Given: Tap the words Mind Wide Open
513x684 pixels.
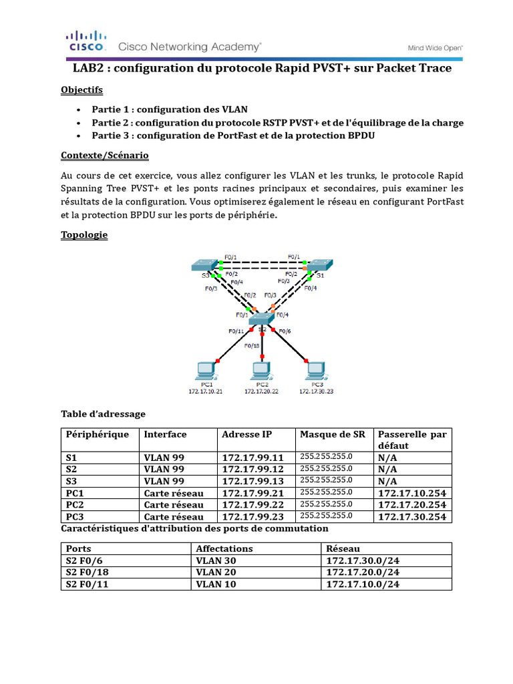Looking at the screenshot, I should pos(436,48).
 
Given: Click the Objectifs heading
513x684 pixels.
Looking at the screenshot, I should pos(81,90).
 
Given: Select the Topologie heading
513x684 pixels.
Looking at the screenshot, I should pos(83,235).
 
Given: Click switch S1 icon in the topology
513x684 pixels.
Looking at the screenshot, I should pos(319,265).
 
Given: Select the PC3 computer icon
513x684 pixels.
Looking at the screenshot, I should pos(312,371).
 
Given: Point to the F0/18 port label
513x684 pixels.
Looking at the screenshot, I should pos(252,345).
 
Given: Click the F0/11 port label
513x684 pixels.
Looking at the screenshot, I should pos(236,331).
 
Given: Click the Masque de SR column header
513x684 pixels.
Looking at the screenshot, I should pos(333,434).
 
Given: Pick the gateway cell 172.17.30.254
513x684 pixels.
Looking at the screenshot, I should pos(411,516).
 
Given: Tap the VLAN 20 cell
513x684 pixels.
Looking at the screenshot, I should pos(215,572).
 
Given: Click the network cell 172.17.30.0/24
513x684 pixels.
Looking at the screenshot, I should pos(363,560).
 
